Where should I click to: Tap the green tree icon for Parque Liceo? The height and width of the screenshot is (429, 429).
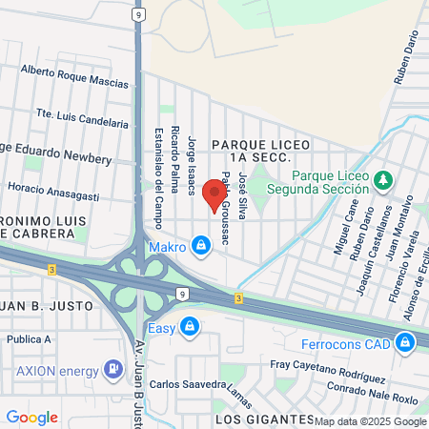tap(383, 178)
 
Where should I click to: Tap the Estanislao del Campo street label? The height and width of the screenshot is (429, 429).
tap(158, 175)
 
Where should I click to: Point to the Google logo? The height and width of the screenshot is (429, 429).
tap(31, 418)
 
